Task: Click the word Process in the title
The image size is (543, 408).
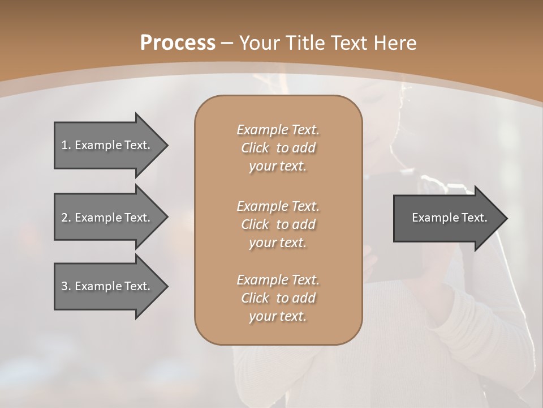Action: pyautogui.click(x=178, y=43)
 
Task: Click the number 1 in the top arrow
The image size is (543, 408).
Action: pyautogui.click(x=64, y=145)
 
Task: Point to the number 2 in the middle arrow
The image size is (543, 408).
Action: pyautogui.click(x=64, y=218)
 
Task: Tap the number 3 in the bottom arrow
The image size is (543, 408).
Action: pyautogui.click(x=64, y=286)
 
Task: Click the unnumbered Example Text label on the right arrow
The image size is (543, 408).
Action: pyautogui.click(x=449, y=218)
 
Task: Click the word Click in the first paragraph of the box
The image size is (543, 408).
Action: pyautogui.click(x=255, y=148)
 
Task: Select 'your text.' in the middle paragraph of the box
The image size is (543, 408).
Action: pyautogui.click(x=278, y=243)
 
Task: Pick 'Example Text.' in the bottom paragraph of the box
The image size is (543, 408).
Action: pyautogui.click(x=278, y=280)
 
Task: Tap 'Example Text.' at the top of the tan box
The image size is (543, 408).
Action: pyautogui.click(x=278, y=130)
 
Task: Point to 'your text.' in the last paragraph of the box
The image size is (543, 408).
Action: pyautogui.click(x=278, y=316)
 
